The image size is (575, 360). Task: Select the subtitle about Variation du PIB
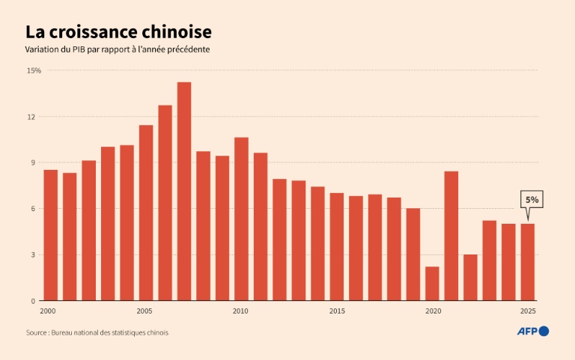[118, 50]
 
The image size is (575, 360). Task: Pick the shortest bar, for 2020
[432, 284]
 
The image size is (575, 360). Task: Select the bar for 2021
[451, 236]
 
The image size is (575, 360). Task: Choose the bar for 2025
[528, 262]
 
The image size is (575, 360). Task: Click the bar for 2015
[337, 247]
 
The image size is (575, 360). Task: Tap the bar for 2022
[470, 277]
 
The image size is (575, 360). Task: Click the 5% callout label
[531, 200]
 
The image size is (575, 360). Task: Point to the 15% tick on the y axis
[34, 70]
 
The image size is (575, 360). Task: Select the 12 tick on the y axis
[31, 117]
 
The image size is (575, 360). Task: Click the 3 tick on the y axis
[33, 254]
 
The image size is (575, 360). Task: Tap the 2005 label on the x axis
[146, 311]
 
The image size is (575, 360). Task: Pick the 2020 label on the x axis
[432, 311]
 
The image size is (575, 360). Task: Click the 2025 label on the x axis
[528, 311]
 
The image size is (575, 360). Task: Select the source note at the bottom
[97, 332]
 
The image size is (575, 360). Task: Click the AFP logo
[533, 332]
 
